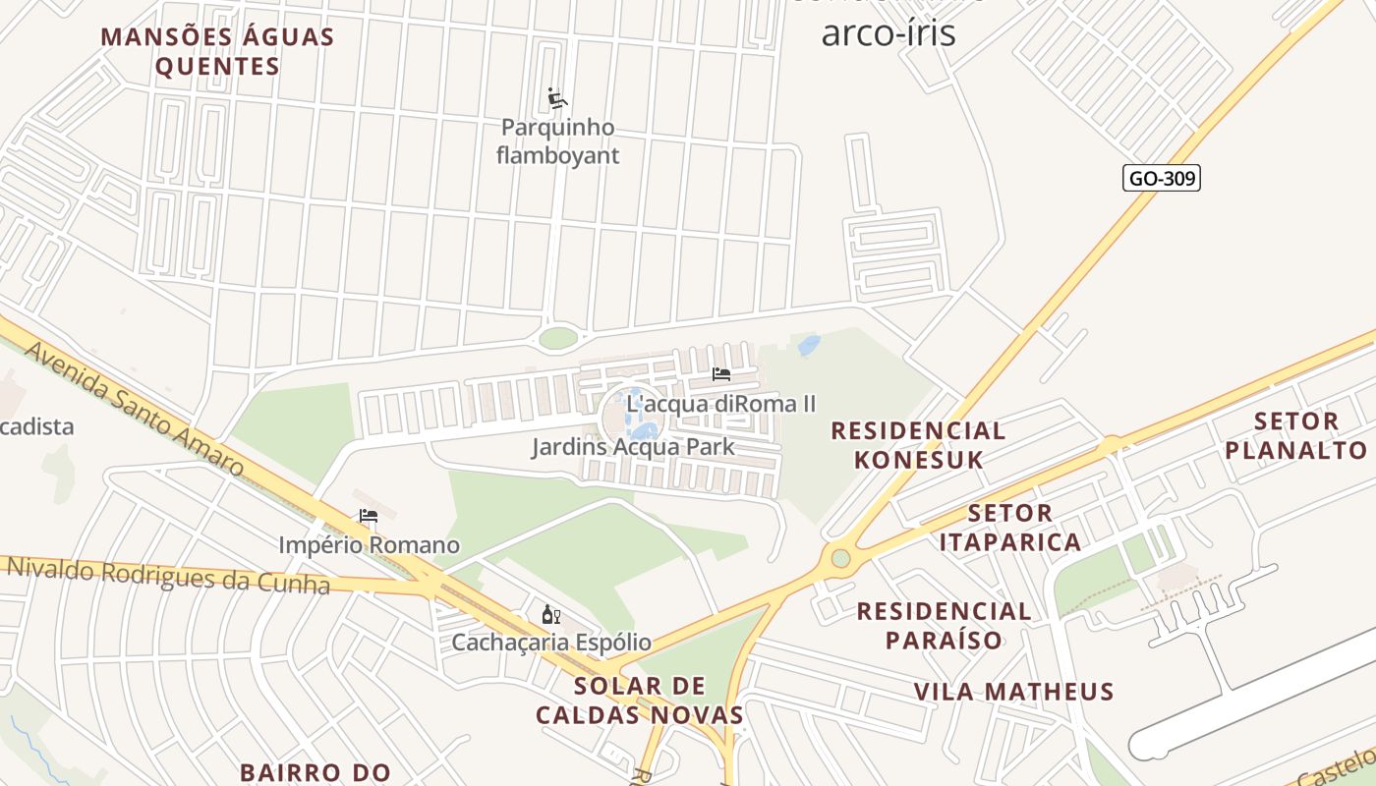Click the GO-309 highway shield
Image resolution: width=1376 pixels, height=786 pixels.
[x=1162, y=178]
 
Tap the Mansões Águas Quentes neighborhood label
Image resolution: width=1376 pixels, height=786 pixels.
[x=217, y=52]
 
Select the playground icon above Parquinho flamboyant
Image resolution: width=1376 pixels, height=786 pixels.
[x=557, y=98]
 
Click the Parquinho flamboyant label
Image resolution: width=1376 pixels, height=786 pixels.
[x=557, y=141]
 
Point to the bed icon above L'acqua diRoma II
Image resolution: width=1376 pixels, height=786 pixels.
[x=720, y=374]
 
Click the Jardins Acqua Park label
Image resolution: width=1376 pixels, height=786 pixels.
[x=632, y=447]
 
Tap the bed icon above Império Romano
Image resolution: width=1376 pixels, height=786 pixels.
[x=369, y=516]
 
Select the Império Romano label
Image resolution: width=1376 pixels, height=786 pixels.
[x=369, y=544]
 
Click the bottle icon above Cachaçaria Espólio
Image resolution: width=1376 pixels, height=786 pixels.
[x=550, y=615]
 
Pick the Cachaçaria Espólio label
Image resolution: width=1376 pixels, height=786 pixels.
[x=550, y=643]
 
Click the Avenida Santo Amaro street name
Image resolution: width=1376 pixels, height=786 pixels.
[x=132, y=408]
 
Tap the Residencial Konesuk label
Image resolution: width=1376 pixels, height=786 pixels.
[x=917, y=445]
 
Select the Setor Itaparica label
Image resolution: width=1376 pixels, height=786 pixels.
[x=1009, y=528]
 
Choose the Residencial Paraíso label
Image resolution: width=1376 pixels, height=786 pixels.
[x=943, y=626]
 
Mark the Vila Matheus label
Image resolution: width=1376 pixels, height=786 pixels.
[x=1013, y=692]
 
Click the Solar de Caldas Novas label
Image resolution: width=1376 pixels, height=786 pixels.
[x=639, y=701]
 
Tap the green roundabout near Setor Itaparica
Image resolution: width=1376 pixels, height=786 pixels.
[x=840, y=558]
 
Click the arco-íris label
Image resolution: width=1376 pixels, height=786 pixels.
[x=888, y=32]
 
